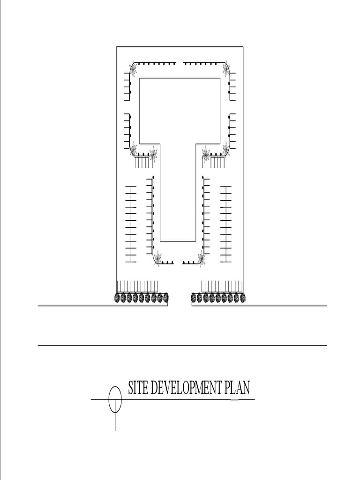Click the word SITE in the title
click(138, 388)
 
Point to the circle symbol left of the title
click(115, 400)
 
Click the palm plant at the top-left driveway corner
click(133, 69)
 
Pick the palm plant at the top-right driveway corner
click(226, 69)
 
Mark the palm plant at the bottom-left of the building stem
click(157, 257)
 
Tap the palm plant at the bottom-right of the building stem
click(202, 257)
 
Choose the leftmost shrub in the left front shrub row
click(117, 298)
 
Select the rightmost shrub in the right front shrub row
click(242, 298)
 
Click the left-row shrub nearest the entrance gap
click(165, 298)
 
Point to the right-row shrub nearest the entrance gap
click(194, 298)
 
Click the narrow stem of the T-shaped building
click(178, 197)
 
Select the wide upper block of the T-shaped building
click(180, 111)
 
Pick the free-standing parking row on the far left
click(130, 224)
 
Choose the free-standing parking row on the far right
click(226, 224)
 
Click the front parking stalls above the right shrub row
click(222, 286)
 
